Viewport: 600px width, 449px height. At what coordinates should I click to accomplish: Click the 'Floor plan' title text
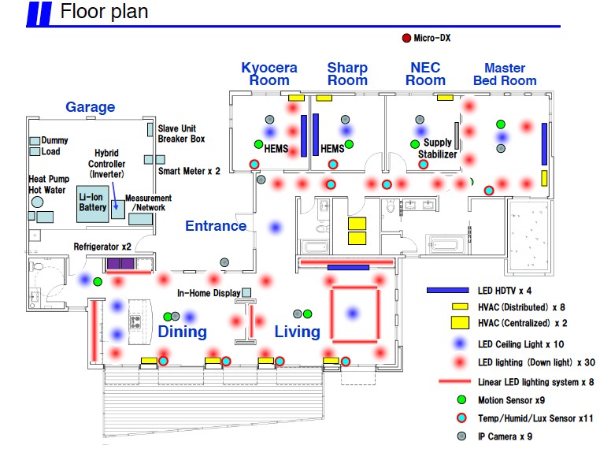pyautogui.click(x=104, y=12)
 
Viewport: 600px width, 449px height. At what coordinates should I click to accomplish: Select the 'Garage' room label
pyautogui.click(x=90, y=107)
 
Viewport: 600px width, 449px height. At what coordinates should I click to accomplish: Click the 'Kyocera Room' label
pyautogui.click(x=269, y=74)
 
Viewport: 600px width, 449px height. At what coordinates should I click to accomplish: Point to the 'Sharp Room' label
pyautogui.click(x=347, y=74)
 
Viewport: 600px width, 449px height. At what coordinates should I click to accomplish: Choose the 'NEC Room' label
pyautogui.click(x=425, y=74)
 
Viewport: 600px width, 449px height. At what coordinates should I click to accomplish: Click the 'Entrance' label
pyautogui.click(x=216, y=226)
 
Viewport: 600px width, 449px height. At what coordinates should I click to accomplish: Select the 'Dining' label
pyautogui.click(x=182, y=332)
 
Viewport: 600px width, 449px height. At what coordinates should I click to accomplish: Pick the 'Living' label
pyautogui.click(x=297, y=332)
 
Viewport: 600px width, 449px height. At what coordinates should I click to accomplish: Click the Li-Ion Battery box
pyautogui.click(x=92, y=202)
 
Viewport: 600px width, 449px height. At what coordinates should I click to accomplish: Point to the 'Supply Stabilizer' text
pyautogui.click(x=435, y=149)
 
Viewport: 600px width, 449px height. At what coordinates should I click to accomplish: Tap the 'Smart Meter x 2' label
pyautogui.click(x=189, y=170)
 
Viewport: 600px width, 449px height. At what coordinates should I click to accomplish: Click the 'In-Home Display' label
pyautogui.click(x=208, y=292)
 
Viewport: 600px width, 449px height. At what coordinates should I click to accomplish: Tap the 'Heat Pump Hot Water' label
pyautogui.click(x=49, y=184)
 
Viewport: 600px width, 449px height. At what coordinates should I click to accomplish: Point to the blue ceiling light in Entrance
pyautogui.click(x=275, y=228)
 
